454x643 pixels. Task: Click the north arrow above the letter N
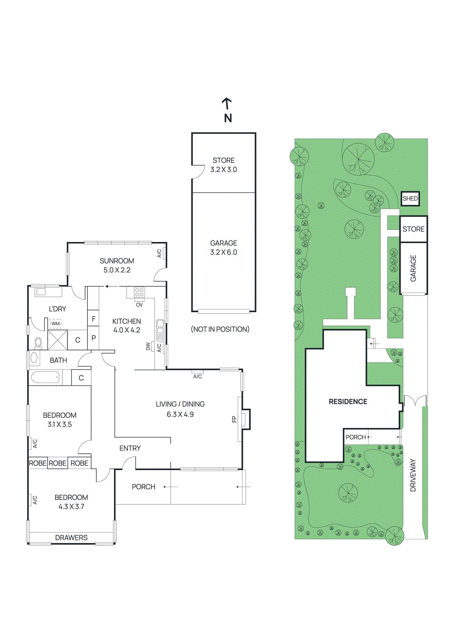click(227, 103)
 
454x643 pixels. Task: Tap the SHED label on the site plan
click(410, 199)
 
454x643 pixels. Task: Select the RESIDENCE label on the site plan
click(348, 401)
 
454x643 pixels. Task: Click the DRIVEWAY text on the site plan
click(413, 475)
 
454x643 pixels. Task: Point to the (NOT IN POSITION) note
click(220, 329)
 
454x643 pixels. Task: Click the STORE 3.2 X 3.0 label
click(224, 165)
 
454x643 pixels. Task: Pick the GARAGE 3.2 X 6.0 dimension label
click(224, 248)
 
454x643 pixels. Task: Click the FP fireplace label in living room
click(234, 419)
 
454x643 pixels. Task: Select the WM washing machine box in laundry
click(55, 324)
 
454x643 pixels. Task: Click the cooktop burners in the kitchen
click(139, 293)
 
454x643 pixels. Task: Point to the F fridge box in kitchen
click(94, 319)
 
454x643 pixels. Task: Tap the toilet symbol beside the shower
click(38, 342)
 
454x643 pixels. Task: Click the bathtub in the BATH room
click(45, 378)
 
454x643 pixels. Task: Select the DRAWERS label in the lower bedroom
click(71, 538)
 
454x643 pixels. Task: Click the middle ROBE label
click(57, 463)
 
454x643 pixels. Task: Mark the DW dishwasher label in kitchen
click(148, 346)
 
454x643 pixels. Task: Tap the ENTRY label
click(130, 448)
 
